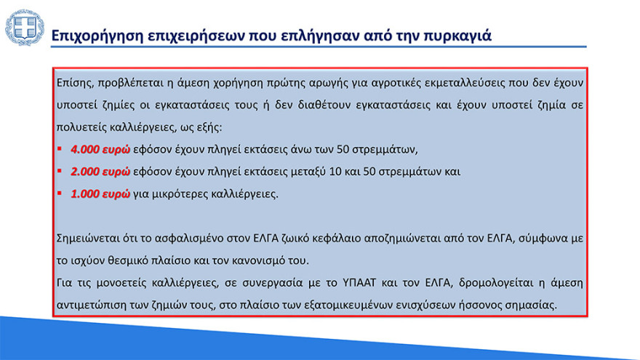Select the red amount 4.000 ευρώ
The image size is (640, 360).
(100, 150)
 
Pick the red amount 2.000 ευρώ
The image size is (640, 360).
(100, 172)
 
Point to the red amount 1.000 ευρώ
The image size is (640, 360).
(100, 194)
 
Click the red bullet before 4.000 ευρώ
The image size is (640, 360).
(60, 150)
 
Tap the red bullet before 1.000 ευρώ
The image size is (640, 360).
(60, 194)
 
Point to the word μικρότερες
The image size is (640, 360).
(182, 194)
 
